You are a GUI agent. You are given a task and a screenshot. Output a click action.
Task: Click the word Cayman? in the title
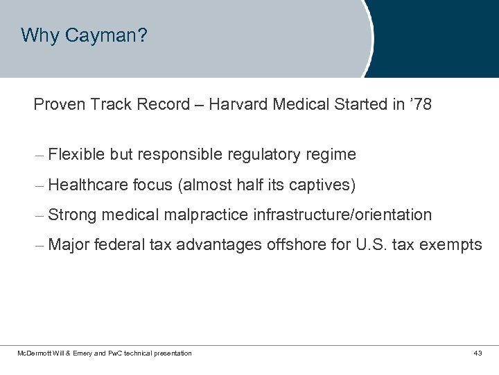106,35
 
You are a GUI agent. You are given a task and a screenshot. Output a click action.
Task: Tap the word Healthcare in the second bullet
89,185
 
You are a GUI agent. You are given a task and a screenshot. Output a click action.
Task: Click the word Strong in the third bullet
73,215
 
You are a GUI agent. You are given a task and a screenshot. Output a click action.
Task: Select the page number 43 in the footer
478,354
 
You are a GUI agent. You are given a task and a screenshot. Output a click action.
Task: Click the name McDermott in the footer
32,354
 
